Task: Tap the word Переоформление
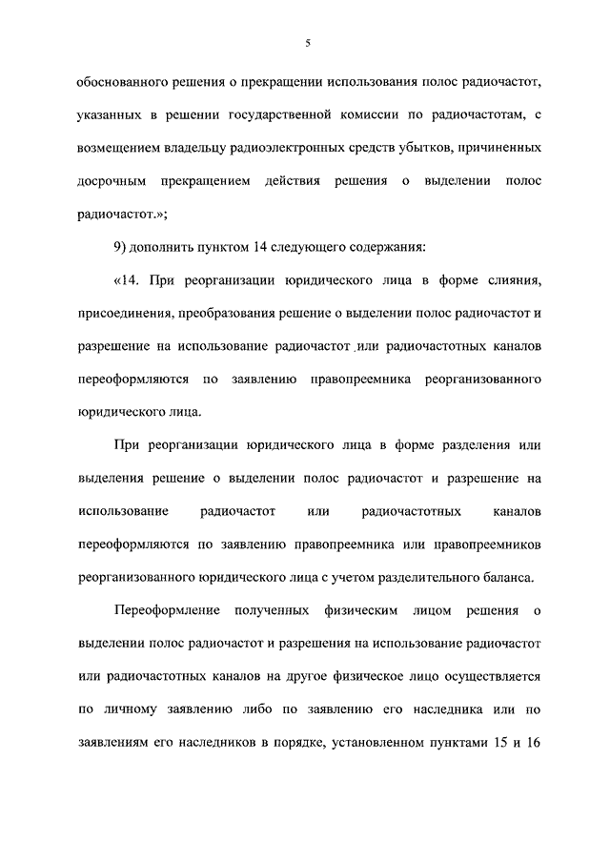[168, 609]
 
